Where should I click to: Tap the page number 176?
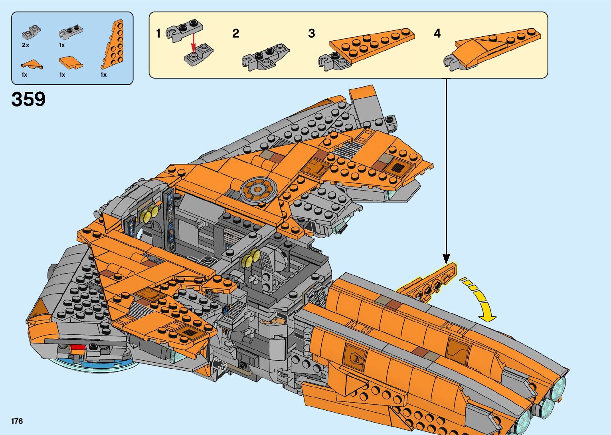click(x=17, y=421)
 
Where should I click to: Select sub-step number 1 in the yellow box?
click(x=158, y=34)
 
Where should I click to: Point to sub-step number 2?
click(x=236, y=34)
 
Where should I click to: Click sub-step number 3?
click(x=312, y=34)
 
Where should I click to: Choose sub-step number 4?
click(x=437, y=34)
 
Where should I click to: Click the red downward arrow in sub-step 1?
click(x=194, y=43)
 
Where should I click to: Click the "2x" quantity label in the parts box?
click(x=26, y=45)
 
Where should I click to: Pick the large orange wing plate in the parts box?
click(x=113, y=44)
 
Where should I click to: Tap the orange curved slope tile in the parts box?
click(x=71, y=63)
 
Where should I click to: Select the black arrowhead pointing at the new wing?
click(x=446, y=258)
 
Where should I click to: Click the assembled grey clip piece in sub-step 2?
click(x=265, y=57)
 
